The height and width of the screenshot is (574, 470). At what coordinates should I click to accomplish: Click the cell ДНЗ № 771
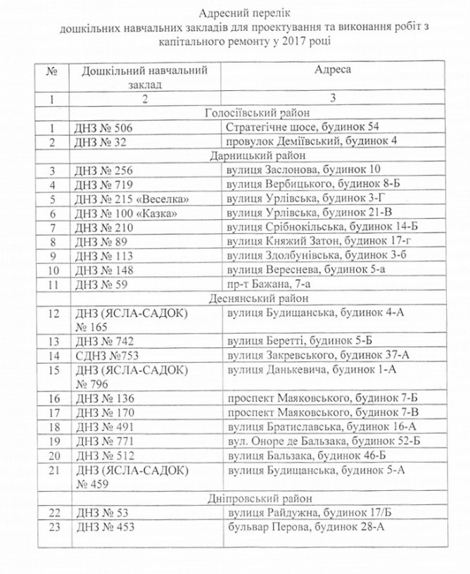coord(103,441)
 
